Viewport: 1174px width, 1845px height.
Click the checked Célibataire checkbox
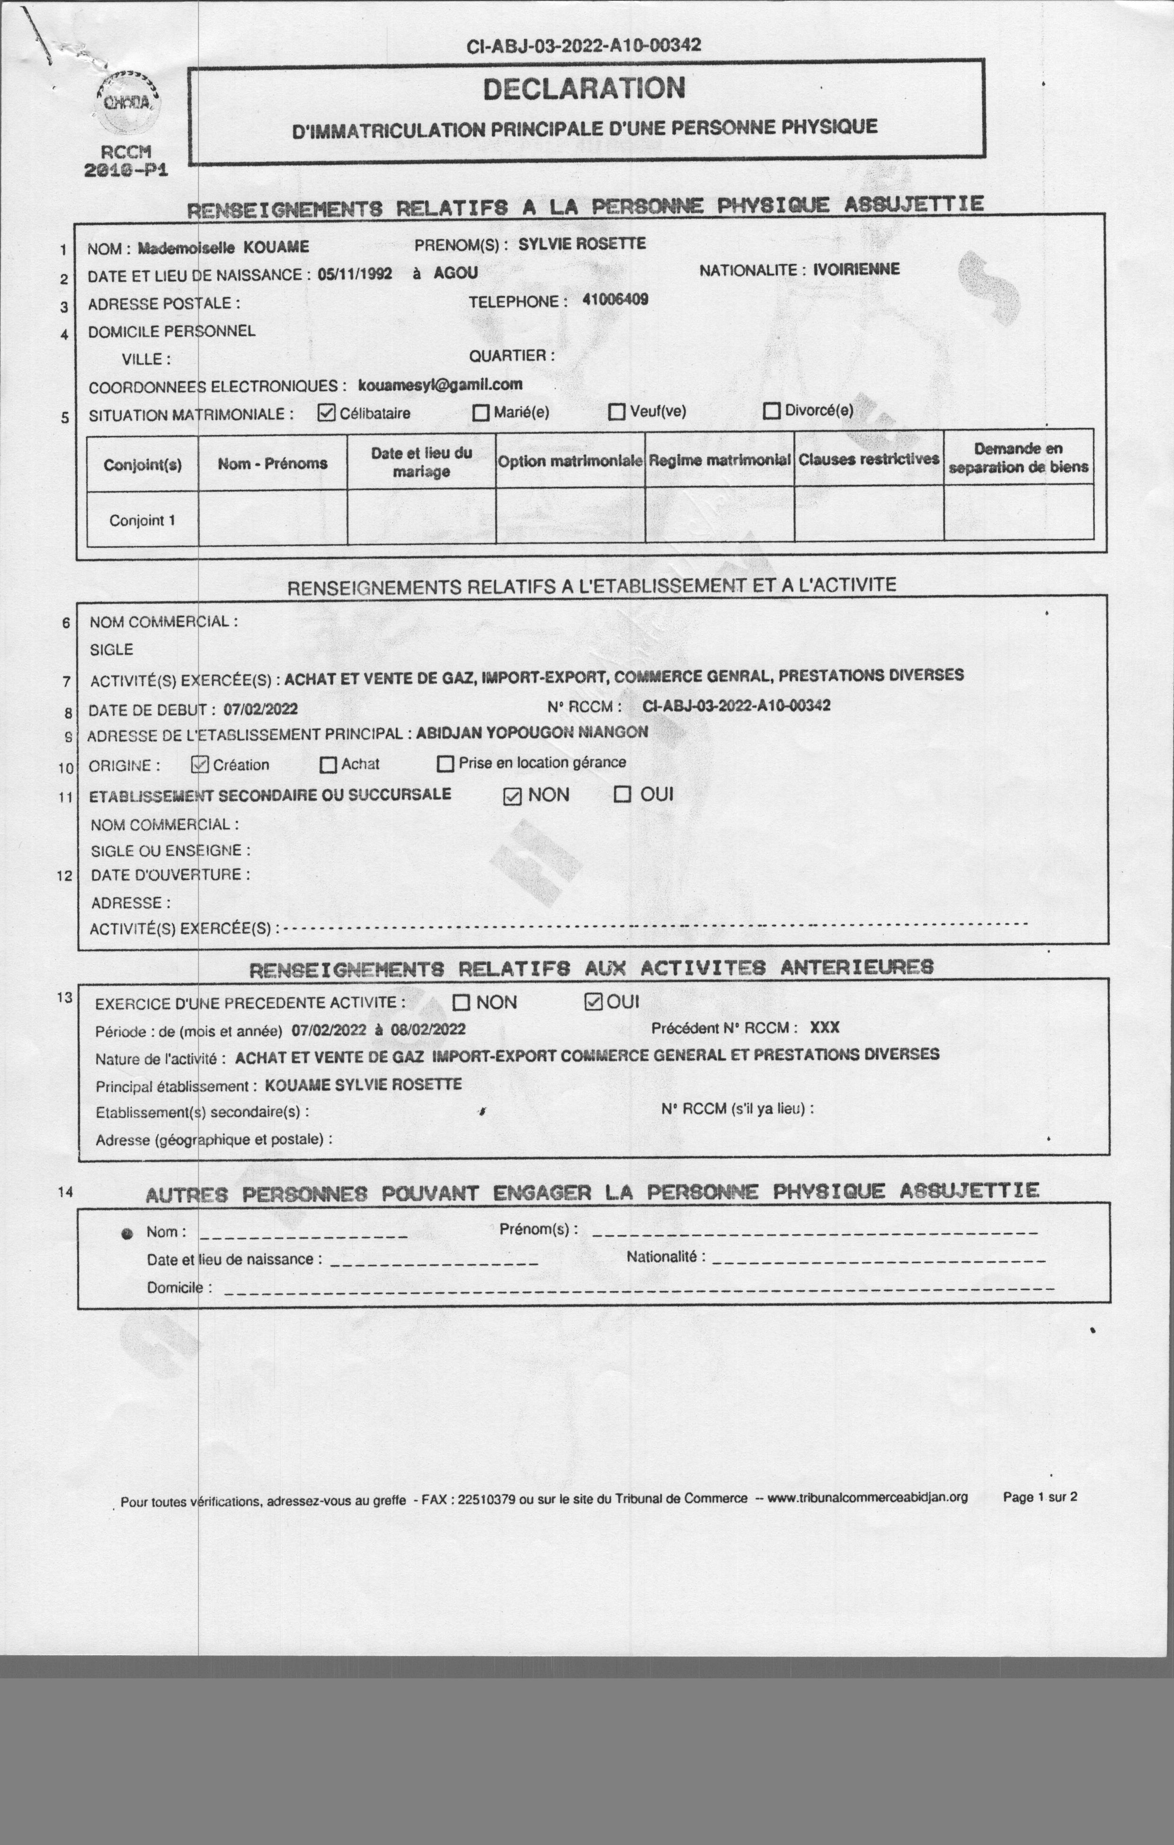click(327, 413)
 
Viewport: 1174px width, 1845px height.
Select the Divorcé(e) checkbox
click(772, 410)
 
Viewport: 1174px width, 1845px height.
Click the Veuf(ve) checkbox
click(617, 412)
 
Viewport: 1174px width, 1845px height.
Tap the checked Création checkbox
click(200, 765)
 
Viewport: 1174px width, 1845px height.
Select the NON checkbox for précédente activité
click(462, 1002)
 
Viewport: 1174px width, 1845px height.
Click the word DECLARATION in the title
click(584, 89)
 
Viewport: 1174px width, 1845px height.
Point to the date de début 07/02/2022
click(260, 710)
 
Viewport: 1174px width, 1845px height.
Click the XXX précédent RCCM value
click(825, 1027)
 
